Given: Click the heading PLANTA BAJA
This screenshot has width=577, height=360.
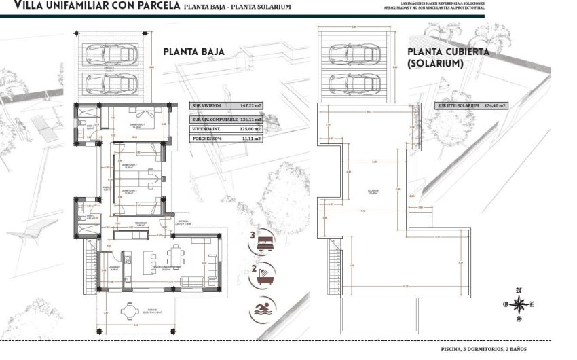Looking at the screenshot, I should pos(193,52).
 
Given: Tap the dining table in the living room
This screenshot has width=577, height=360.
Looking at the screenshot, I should pos(176,256).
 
